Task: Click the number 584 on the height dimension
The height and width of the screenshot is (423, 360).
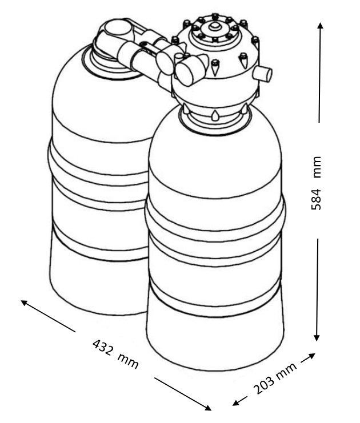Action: (x=316, y=199)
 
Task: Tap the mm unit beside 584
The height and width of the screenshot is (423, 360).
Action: (x=317, y=167)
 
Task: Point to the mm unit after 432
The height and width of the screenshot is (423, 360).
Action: (x=128, y=361)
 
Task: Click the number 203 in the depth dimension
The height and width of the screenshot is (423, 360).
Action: (x=263, y=386)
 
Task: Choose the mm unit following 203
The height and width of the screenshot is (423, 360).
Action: (x=286, y=370)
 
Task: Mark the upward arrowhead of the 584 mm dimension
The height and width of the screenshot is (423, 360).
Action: (x=320, y=26)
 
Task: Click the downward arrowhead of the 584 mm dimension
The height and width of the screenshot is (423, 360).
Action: (x=317, y=338)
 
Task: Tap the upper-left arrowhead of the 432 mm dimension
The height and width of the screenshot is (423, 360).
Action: (x=25, y=303)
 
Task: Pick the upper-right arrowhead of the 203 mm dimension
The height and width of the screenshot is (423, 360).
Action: (x=311, y=356)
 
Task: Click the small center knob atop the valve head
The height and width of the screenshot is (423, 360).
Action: (x=215, y=26)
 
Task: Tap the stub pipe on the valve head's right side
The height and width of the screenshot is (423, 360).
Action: (x=262, y=74)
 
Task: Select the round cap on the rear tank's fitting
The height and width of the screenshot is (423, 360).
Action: (x=118, y=28)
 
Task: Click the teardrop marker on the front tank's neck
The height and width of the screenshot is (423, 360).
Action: (x=215, y=115)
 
